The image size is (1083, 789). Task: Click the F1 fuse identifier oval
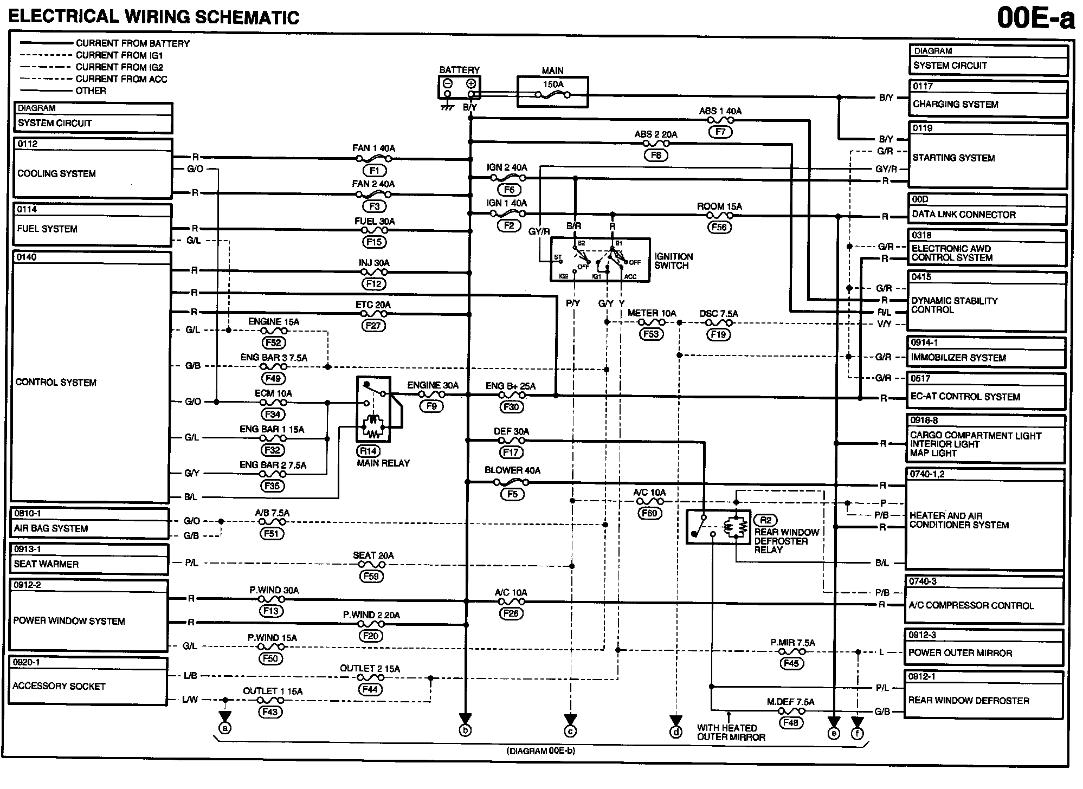coord(374,171)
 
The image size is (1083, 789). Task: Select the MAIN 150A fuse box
coord(552,92)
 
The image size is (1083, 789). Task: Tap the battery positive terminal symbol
coord(471,83)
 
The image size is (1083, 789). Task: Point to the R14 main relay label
coord(368,451)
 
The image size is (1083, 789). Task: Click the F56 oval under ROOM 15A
coord(719,228)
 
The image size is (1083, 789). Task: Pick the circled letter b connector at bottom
coord(465,730)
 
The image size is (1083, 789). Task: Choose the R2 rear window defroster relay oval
coord(765,521)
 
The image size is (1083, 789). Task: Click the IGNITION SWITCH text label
coord(673,261)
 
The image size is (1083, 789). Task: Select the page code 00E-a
coord(1035,18)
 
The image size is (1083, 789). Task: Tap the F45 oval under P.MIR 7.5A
coord(791,663)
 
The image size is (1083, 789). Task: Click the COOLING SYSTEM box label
coord(56,174)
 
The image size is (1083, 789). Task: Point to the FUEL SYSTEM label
coord(47,229)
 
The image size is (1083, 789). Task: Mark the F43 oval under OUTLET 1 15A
coord(269,712)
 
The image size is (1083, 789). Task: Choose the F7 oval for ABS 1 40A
coord(720,132)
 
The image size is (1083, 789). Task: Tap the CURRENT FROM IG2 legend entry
coord(119,67)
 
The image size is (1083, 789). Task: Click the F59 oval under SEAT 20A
coord(371,577)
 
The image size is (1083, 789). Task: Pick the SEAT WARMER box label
coord(46,564)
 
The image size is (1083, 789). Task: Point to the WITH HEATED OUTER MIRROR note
coord(731,733)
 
